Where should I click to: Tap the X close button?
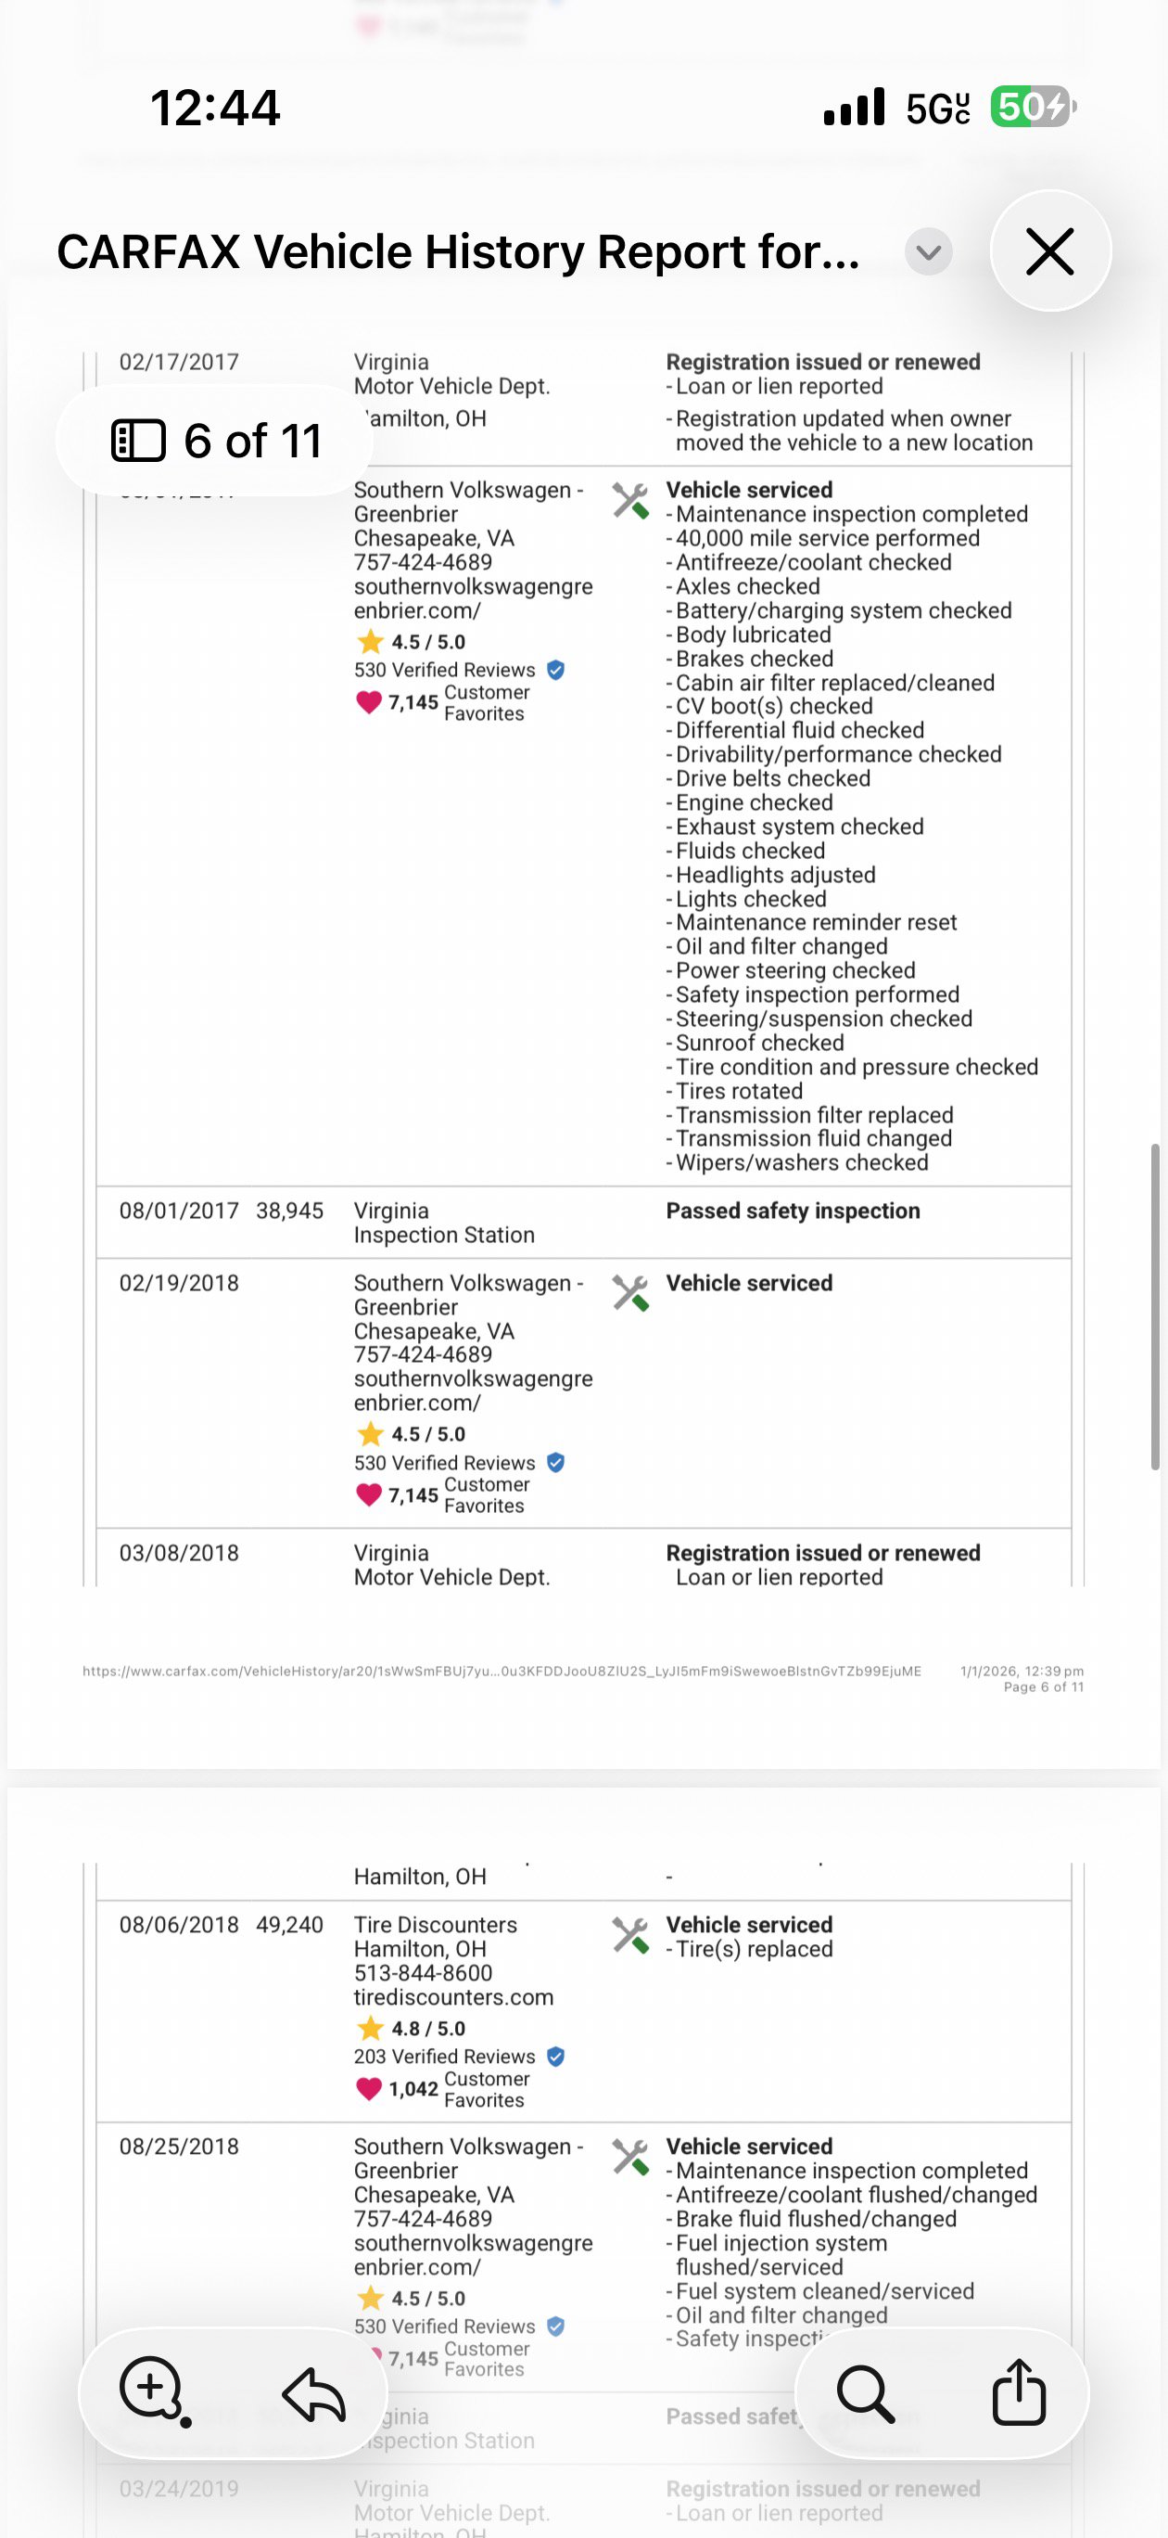1050,251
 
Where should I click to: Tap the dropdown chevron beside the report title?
928,252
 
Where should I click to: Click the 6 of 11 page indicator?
216,441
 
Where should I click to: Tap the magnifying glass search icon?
866,2392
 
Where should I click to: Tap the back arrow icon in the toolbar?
313,2392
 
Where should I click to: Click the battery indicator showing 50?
1032,107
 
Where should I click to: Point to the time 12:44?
215,108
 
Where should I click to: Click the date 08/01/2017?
178,1211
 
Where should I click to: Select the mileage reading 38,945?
289,1211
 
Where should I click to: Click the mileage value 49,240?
289,1924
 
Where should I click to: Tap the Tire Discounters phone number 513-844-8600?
423,1972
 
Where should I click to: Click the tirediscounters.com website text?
453,1997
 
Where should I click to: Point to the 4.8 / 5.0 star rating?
427,2029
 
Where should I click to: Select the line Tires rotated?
739,1091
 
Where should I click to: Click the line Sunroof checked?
759,1043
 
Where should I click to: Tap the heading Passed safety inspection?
793,1211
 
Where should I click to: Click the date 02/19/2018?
178,1283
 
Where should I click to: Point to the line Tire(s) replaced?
754,1949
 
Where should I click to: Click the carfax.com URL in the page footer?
501,1671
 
